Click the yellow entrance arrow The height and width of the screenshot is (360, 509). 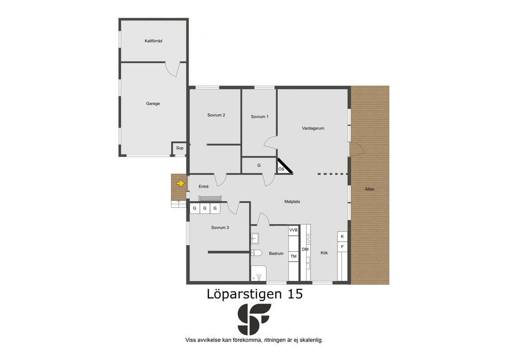point(180,183)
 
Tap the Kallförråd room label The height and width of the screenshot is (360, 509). point(154,41)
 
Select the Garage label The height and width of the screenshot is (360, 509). point(153,103)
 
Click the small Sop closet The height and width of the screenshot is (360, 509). point(179,148)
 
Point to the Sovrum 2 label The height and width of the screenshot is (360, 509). point(216,115)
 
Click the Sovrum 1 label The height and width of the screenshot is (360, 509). point(259,116)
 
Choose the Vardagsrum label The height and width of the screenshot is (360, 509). point(313,128)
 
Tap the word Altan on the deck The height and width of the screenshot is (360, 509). point(369,189)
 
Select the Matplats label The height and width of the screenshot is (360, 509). point(292,201)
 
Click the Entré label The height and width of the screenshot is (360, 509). point(203,186)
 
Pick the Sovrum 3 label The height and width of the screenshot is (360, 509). point(220,228)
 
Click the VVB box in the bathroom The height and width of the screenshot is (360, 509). point(293,230)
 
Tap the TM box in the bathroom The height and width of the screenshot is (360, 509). point(293,257)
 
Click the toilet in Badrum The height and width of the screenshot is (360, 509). point(256,253)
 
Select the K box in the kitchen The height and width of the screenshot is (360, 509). point(342,236)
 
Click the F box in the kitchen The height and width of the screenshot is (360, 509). point(342,247)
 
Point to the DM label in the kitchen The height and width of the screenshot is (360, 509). point(305,249)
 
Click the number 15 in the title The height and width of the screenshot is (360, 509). point(295,294)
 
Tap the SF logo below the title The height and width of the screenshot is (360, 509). point(254,319)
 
